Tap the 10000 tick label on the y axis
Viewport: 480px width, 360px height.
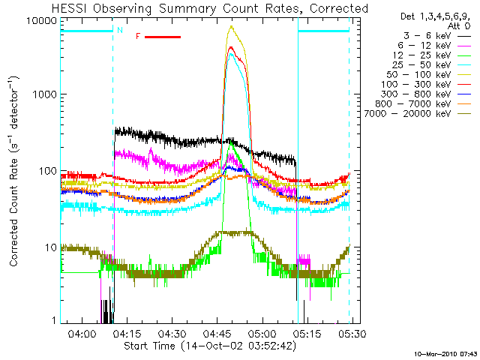click(43, 20)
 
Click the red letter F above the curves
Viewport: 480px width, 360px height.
click(138, 36)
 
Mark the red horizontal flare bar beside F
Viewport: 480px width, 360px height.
click(161, 36)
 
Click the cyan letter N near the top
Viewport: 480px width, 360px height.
click(118, 31)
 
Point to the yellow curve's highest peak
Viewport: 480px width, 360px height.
click(232, 27)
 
